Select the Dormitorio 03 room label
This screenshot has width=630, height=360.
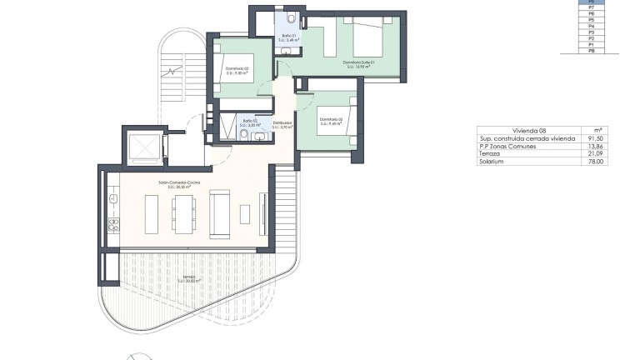[331, 119]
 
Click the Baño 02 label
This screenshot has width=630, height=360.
[249, 122]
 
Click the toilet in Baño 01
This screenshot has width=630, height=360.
[288, 18]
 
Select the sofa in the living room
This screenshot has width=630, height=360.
[220, 213]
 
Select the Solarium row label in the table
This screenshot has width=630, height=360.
[491, 161]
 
